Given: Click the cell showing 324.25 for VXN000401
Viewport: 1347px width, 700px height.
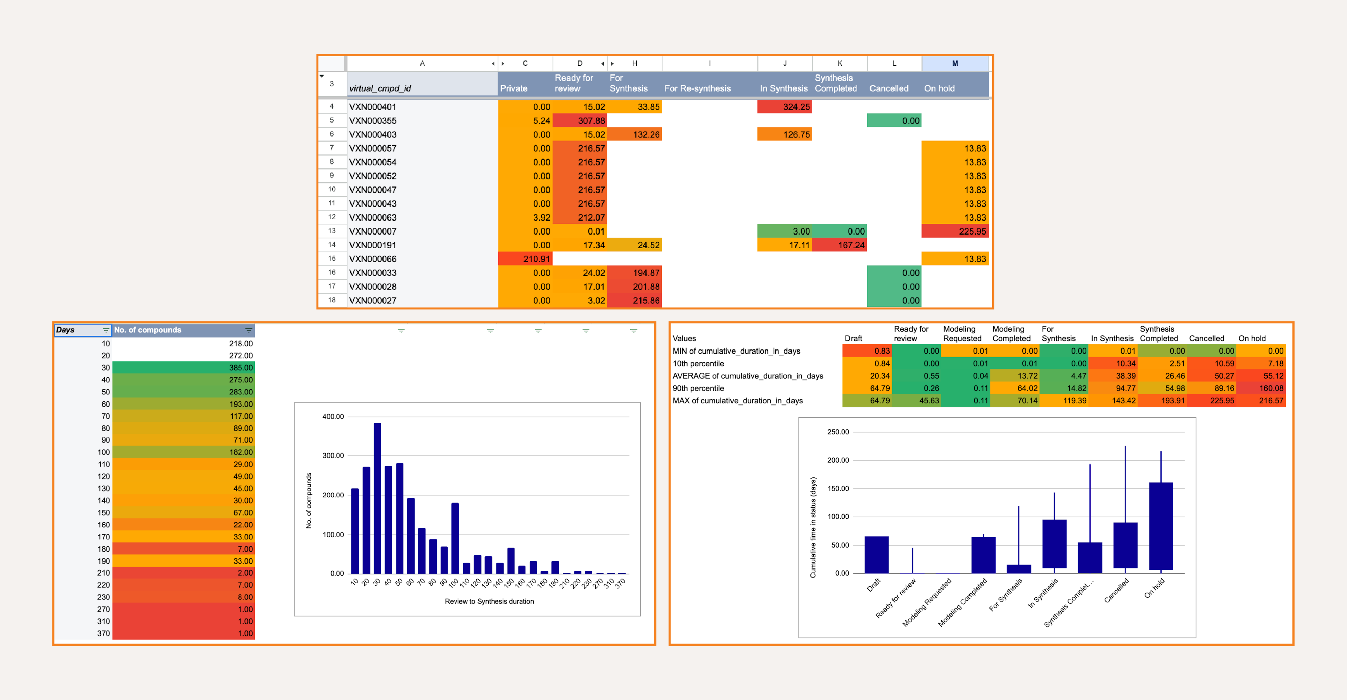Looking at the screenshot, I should point(784,107).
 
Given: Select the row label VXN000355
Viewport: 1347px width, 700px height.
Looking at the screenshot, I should point(373,121).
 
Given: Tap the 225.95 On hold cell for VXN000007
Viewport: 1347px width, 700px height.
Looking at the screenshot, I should point(955,231).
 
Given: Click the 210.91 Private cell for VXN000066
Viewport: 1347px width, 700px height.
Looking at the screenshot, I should point(525,259).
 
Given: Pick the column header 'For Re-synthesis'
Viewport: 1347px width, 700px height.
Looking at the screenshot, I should point(698,88).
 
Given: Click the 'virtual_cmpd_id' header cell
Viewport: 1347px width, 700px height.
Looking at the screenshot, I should point(380,88).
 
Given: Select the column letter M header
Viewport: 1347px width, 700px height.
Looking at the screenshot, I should point(955,63).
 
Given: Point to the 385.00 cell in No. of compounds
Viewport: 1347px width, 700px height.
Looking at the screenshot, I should point(183,368).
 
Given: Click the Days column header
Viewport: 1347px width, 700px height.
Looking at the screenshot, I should point(78,330).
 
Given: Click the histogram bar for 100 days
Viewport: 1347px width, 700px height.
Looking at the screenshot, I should point(455,538).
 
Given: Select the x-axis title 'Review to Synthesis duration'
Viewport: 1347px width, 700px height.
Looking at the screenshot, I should point(489,601).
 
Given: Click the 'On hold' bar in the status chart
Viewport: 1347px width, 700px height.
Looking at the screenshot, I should point(1160,525).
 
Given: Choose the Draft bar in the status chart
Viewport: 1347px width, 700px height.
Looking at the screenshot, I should point(877,554).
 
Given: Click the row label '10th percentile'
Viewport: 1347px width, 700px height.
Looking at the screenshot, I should point(698,363).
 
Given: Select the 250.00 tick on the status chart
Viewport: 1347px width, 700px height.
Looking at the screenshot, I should point(838,432).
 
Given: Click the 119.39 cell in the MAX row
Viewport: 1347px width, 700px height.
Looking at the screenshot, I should point(1064,401).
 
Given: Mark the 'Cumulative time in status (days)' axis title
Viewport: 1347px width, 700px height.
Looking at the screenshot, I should point(813,527).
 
